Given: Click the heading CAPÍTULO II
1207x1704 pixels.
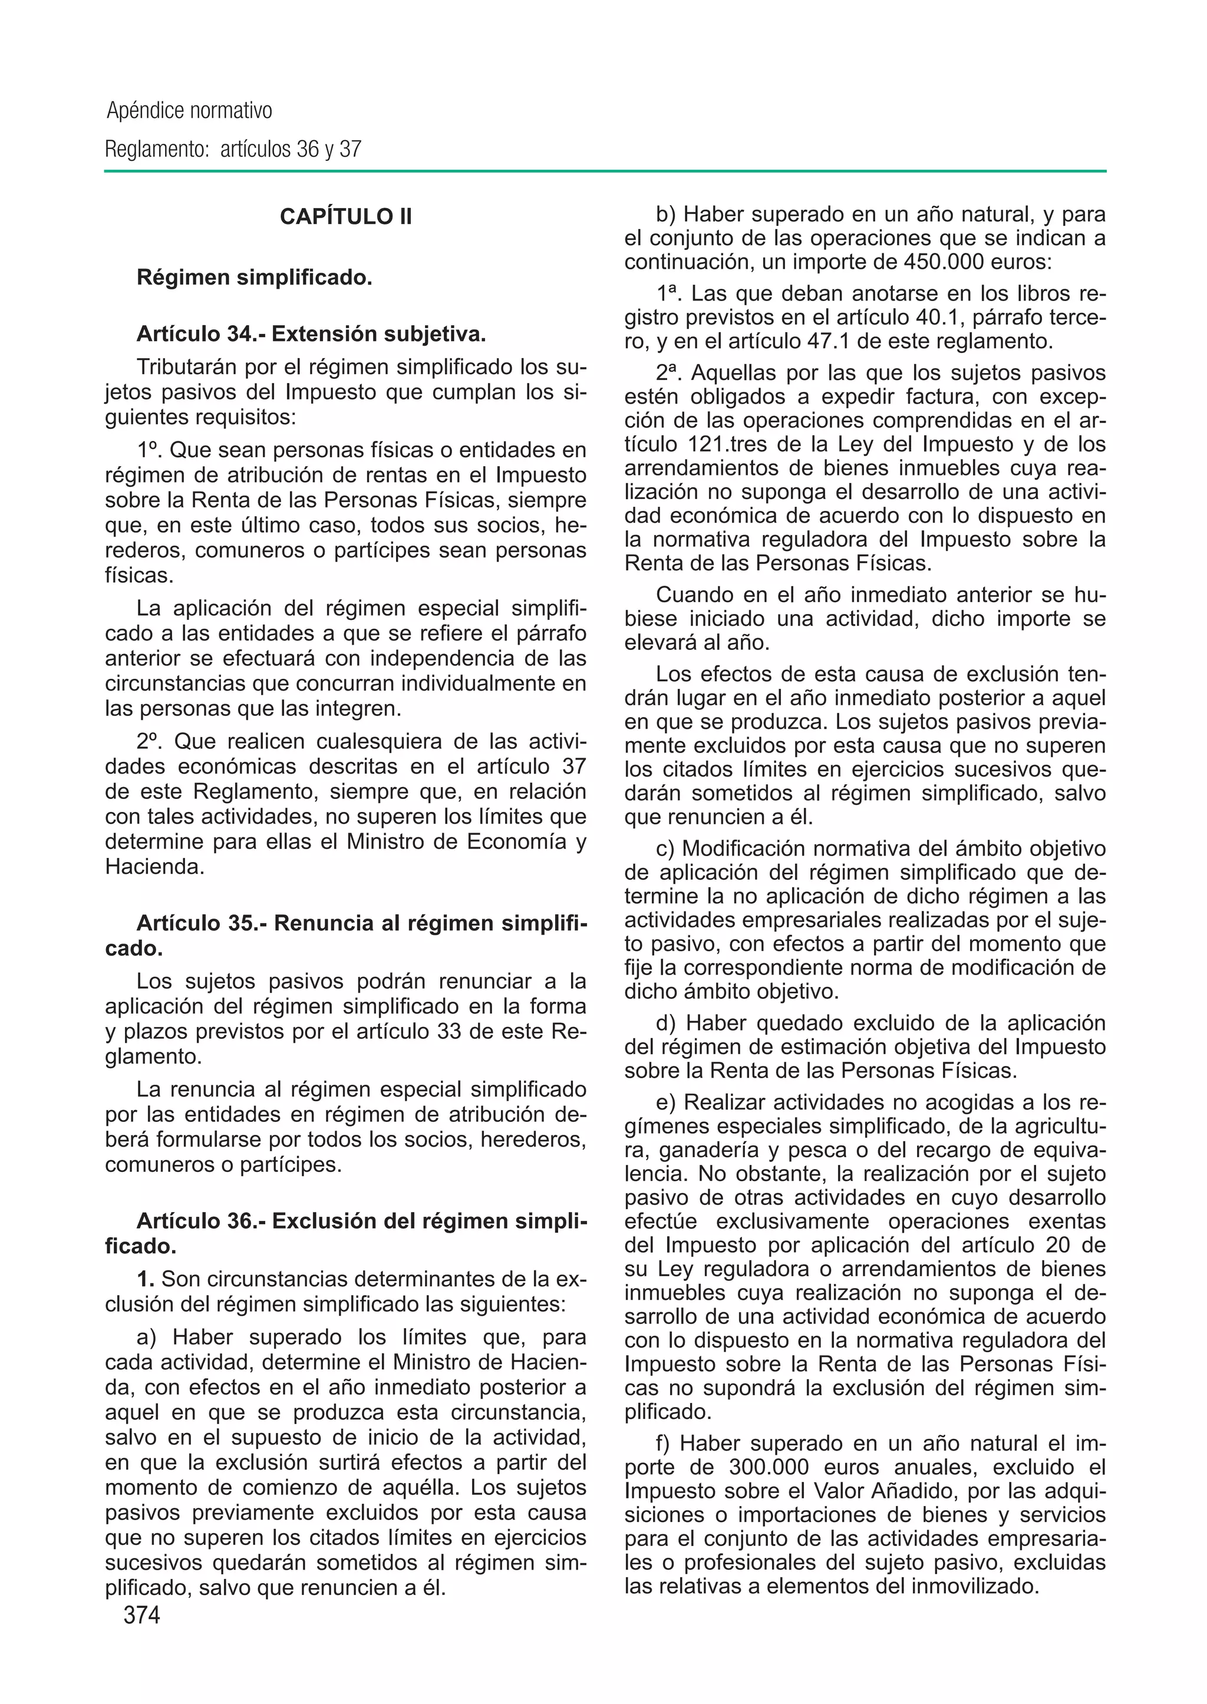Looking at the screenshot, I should (x=345, y=216).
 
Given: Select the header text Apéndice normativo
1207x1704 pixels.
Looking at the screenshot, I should (x=190, y=111).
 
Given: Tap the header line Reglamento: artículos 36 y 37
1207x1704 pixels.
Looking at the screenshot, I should (x=233, y=150).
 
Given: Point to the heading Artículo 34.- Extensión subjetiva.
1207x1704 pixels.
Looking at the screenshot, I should (x=311, y=335).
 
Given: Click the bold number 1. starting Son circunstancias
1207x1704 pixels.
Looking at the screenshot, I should (x=146, y=1279).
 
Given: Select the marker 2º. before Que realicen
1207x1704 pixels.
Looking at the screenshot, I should (x=149, y=742).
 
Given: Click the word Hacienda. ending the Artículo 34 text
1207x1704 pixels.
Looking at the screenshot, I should (x=154, y=867).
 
